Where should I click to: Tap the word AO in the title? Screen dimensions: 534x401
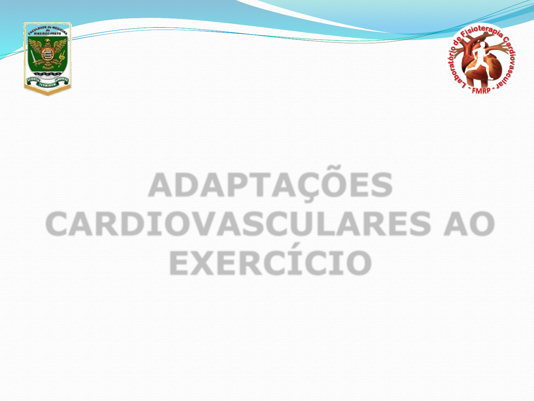click(469, 224)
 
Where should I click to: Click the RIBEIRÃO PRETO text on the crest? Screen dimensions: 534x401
click(48, 33)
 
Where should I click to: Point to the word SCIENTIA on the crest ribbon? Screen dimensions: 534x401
click(32, 80)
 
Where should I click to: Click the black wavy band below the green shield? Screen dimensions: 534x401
click(48, 73)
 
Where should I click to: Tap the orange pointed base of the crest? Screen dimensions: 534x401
click(48, 92)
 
